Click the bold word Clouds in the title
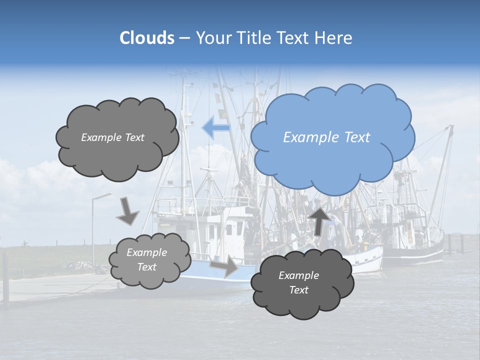tap(147, 38)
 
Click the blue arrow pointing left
tap(215, 128)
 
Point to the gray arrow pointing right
tap(224, 265)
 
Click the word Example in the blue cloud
tap(310, 137)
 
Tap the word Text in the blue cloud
tap(357, 137)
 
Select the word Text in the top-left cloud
tap(133, 137)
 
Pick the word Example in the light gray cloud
tap(146, 252)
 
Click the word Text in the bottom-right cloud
tap(298, 290)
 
